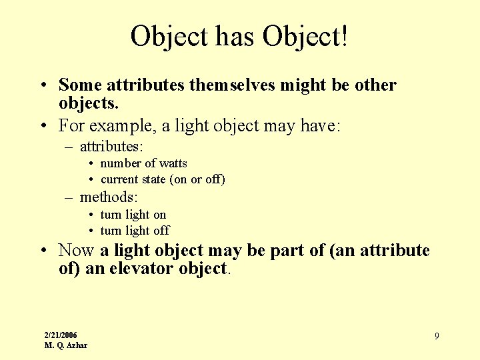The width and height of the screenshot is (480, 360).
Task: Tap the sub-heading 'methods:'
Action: (x=109, y=197)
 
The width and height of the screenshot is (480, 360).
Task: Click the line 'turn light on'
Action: (x=133, y=215)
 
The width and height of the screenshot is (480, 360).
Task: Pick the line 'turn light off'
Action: (x=135, y=231)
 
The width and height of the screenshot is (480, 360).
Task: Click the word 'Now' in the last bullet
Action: (x=76, y=251)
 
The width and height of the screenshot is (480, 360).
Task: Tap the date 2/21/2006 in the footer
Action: (x=61, y=335)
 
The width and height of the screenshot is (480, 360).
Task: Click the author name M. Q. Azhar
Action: (x=65, y=345)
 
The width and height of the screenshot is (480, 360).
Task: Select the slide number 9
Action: (x=437, y=336)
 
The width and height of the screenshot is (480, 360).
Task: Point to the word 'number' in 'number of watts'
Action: (x=121, y=163)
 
